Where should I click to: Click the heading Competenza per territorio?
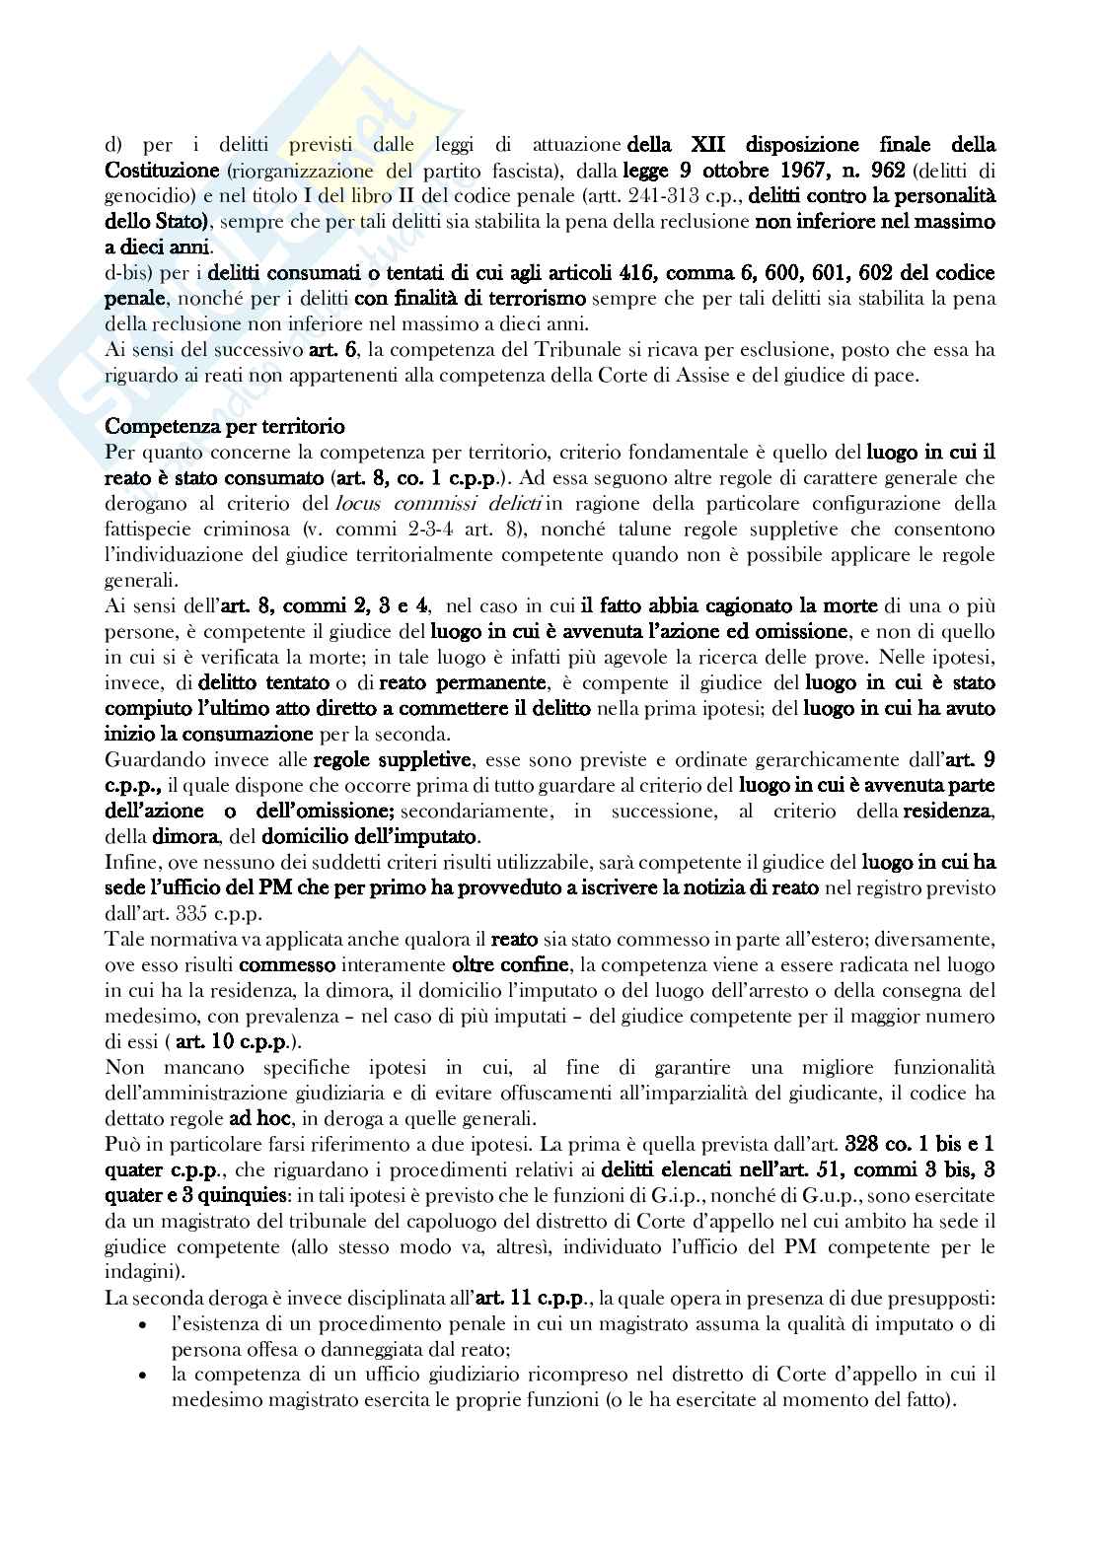coord(225,427)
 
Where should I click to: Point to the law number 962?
coord(889,171)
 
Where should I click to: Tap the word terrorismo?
coord(536,299)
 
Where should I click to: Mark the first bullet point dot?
coord(147,1323)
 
